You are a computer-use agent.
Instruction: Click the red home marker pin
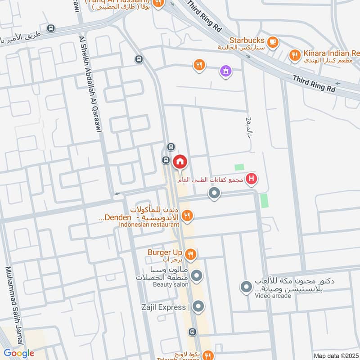(x=180, y=162)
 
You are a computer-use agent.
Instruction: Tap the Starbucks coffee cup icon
(x=272, y=42)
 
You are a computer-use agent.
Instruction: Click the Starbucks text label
(x=247, y=40)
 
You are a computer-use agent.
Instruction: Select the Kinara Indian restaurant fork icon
(x=294, y=55)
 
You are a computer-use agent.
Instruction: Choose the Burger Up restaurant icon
(x=191, y=255)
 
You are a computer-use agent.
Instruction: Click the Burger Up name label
(x=165, y=252)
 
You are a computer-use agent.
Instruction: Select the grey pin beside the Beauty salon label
(x=197, y=274)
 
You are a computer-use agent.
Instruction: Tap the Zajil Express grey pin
(x=198, y=307)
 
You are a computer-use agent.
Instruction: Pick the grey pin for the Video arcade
(x=246, y=287)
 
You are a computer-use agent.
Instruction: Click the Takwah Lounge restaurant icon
(x=207, y=354)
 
